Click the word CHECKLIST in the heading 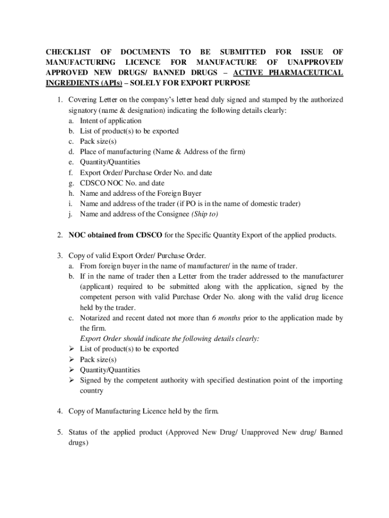(69, 52)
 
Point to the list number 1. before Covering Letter (60, 99)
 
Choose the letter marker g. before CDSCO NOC (72, 183)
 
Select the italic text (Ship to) (205, 214)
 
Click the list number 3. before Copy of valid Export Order (60, 256)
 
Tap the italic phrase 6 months (226, 318)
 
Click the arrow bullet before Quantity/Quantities (72, 370)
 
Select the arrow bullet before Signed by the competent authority (72, 380)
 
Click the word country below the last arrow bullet (91, 391)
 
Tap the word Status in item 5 (80, 433)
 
